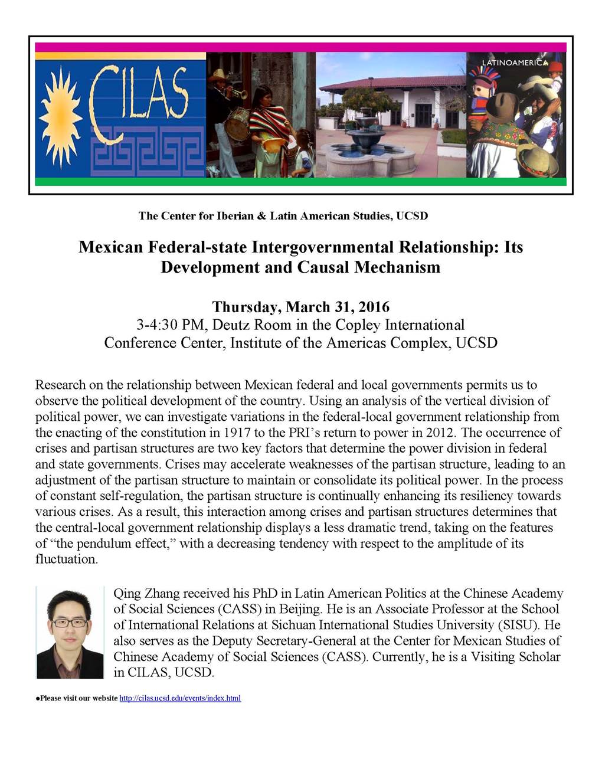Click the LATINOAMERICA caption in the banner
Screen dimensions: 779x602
click(515, 63)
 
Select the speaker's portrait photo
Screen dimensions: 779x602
click(70, 632)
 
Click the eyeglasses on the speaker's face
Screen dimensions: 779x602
click(69, 623)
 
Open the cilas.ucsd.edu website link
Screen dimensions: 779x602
click(180, 698)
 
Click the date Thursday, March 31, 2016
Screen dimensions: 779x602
click(300, 307)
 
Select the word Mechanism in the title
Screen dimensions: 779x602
click(397, 267)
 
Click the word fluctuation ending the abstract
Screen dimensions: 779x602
click(66, 559)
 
